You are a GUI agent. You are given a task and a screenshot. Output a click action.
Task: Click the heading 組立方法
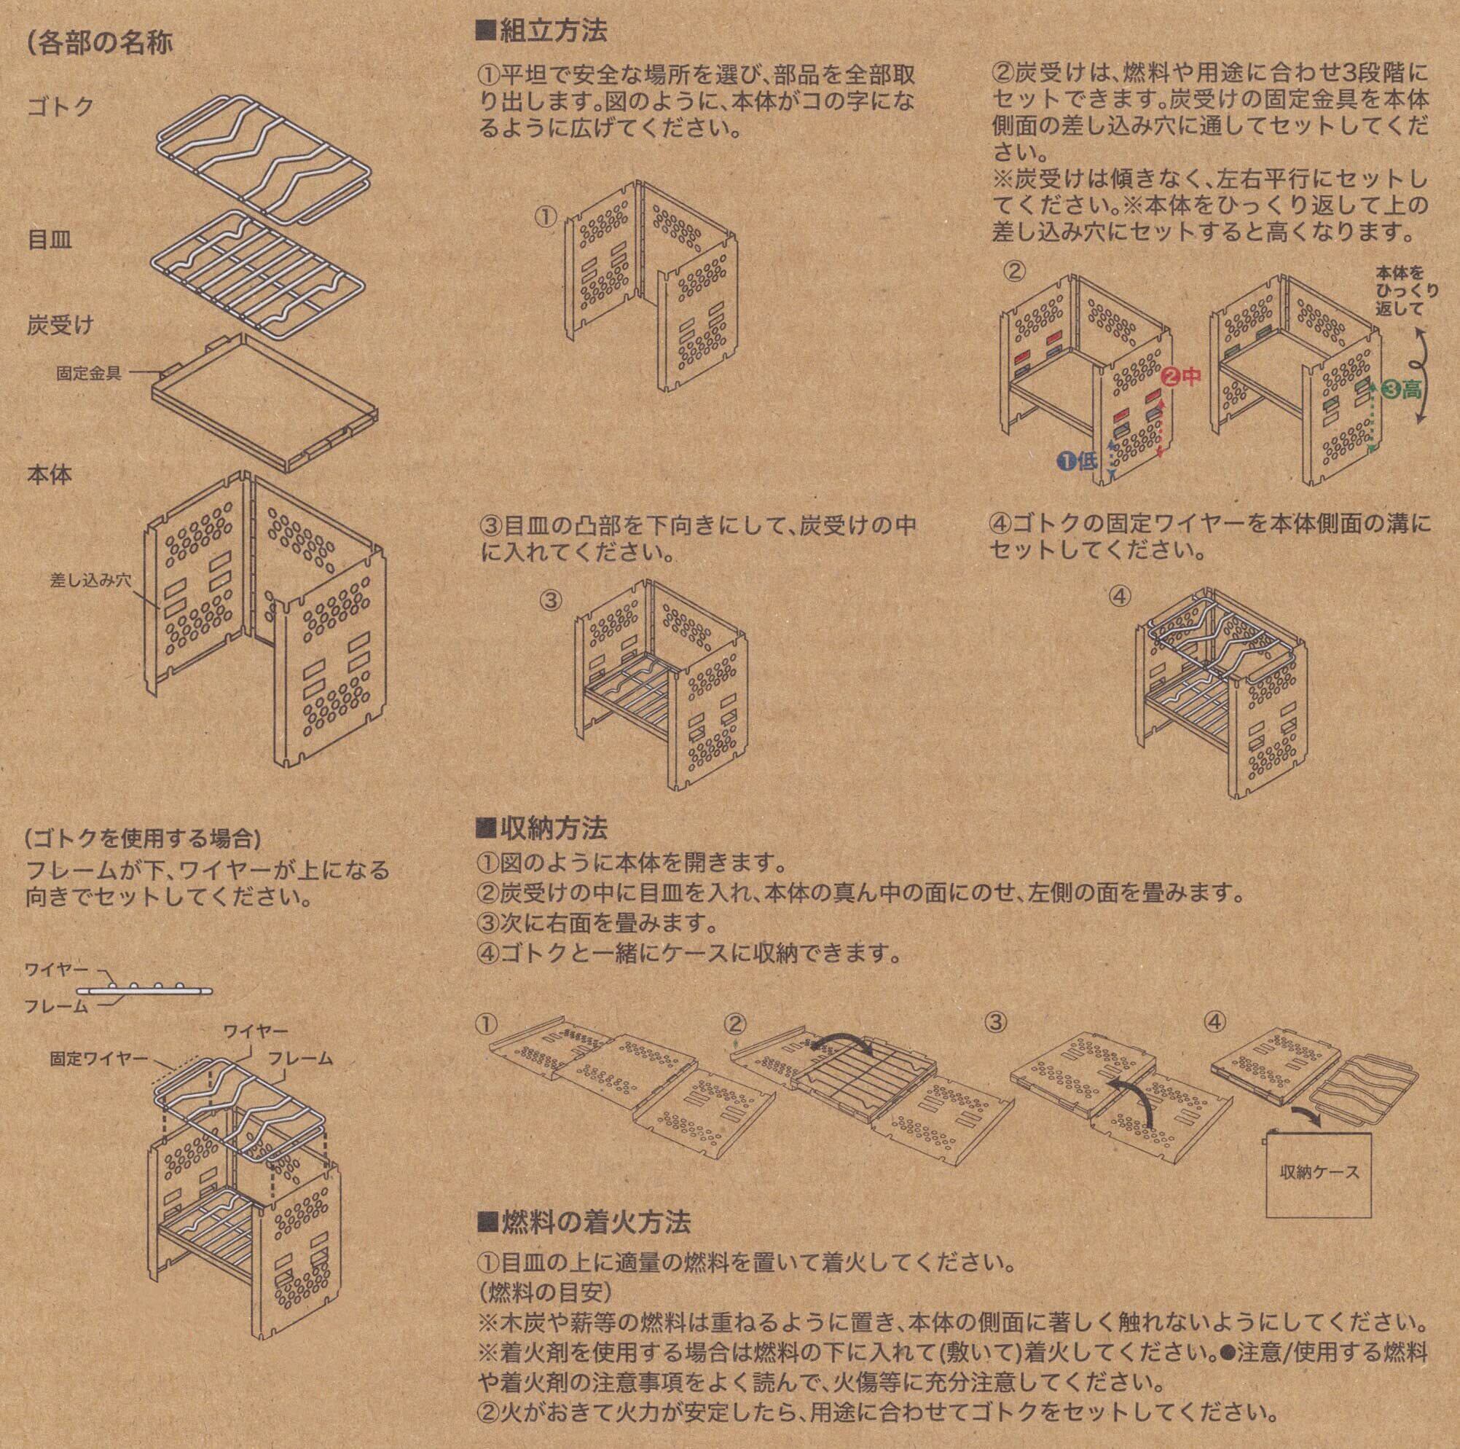point(543,32)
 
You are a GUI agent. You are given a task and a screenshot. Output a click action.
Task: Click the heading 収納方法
point(543,829)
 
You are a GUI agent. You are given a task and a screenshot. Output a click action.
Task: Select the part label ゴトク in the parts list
point(60,106)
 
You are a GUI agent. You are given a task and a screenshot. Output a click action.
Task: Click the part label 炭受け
point(60,326)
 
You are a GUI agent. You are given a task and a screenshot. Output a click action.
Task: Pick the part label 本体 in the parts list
point(50,475)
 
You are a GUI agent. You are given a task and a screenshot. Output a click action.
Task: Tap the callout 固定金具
point(88,373)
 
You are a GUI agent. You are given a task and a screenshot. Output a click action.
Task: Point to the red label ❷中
point(1180,375)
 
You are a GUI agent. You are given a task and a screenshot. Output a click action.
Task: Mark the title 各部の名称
point(99,42)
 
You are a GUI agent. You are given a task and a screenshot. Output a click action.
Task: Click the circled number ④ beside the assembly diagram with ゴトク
point(1120,596)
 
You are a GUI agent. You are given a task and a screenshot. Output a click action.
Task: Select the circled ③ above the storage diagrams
point(996,1022)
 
